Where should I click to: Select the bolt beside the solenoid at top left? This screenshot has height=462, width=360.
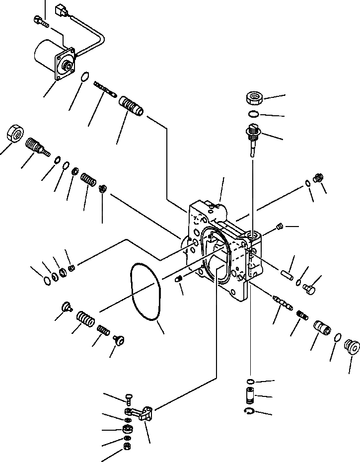pyautogui.click(x=40, y=21)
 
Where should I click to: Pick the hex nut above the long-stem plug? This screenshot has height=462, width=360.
pyautogui.click(x=254, y=98)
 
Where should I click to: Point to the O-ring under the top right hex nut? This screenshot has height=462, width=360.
pyautogui.click(x=253, y=115)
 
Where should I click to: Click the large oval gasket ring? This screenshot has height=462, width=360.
pyautogui.click(x=145, y=291)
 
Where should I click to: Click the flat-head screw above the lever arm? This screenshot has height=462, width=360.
pyautogui.click(x=129, y=397)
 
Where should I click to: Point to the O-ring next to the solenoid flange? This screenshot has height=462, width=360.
pyautogui.click(x=85, y=77)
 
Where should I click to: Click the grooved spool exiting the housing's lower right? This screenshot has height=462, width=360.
pyautogui.click(x=281, y=302)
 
